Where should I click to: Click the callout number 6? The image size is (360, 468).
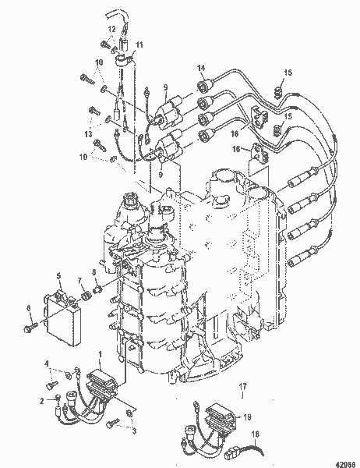(30, 308)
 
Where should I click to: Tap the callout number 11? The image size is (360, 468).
(140, 45)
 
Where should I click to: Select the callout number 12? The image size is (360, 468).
(111, 29)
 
